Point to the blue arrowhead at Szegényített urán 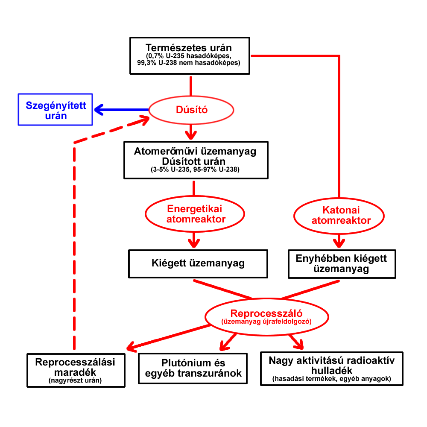(99, 110)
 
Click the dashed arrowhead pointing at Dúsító (144, 120)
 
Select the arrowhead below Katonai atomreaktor (339, 243)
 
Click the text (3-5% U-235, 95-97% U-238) (195, 170)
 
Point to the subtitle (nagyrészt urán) (75, 380)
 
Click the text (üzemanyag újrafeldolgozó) (266, 322)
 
